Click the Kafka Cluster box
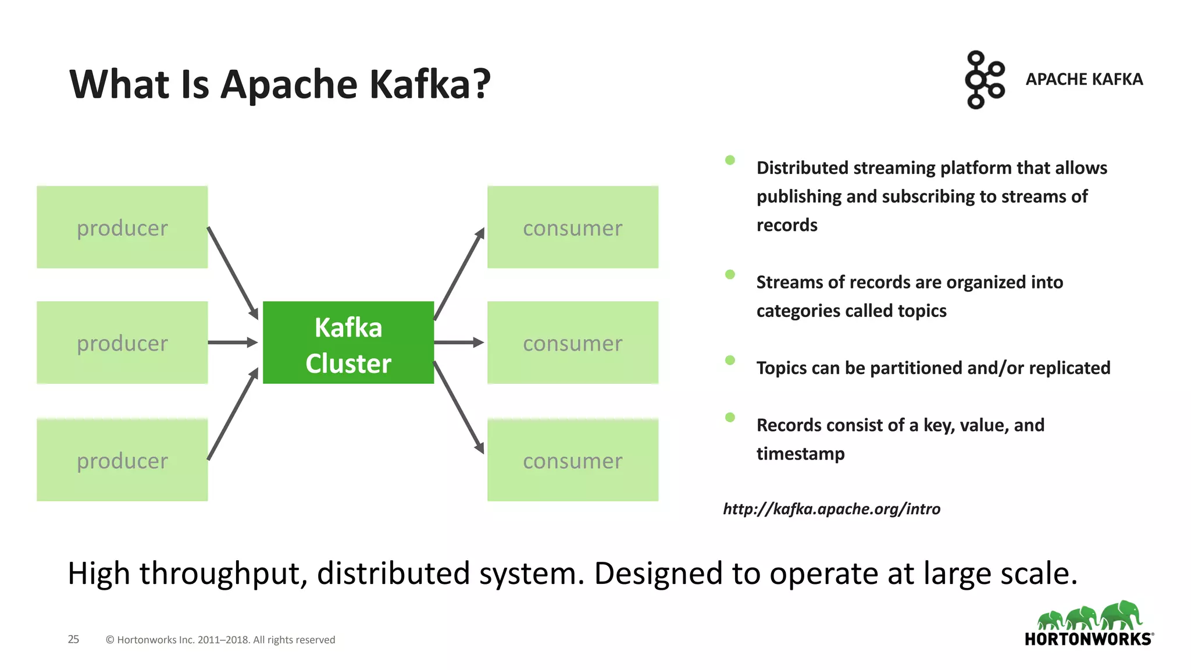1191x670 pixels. [348, 343]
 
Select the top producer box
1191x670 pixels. [122, 227]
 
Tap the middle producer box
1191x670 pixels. [122, 343]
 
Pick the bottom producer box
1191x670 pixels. [122, 460]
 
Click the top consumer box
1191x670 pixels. [573, 227]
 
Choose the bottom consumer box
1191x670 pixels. [573, 460]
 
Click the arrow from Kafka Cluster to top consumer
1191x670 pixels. [459, 273]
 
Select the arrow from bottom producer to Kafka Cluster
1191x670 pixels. [233, 414]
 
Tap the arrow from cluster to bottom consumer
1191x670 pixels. [459, 407]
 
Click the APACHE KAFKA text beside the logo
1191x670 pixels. [1084, 79]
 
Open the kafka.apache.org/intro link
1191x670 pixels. [832, 509]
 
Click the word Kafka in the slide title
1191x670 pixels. [422, 84]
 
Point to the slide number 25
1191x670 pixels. [73, 639]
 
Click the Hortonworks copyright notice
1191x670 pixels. [220, 640]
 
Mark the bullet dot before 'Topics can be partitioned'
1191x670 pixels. [730, 360]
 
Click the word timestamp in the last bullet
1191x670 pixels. [800, 454]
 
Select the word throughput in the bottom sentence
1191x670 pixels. [223, 574]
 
